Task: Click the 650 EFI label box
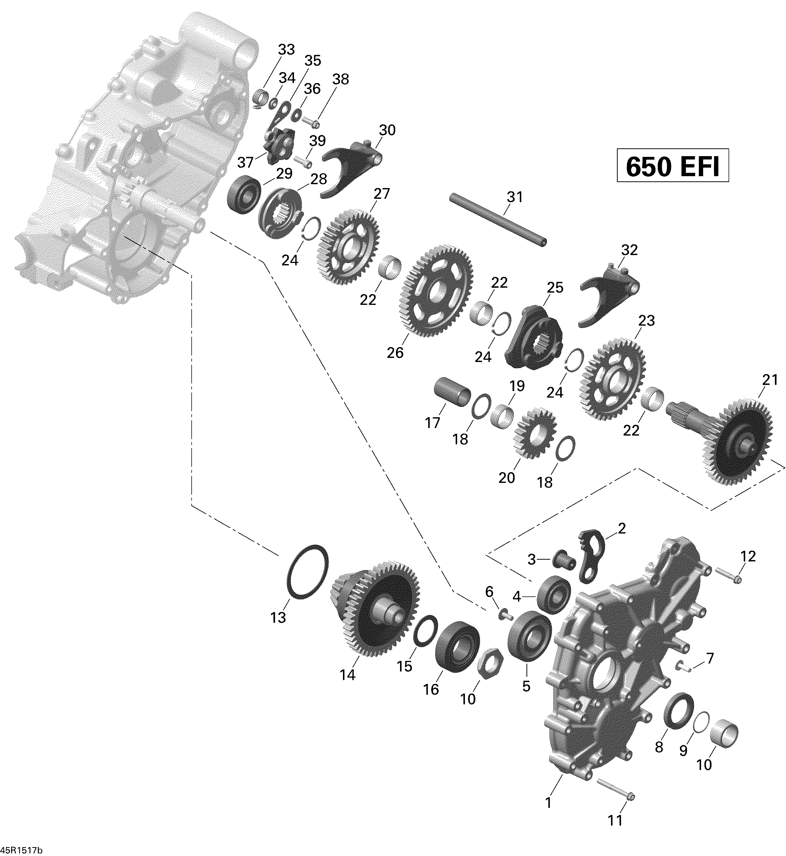(x=673, y=165)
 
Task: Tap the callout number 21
(x=769, y=380)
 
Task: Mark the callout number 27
(x=382, y=194)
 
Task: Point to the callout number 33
(x=286, y=50)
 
